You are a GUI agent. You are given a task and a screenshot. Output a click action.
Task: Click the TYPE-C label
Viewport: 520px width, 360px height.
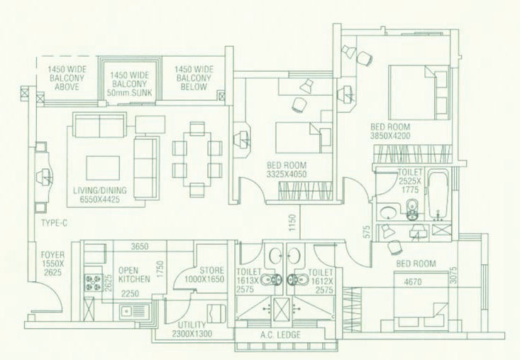(x=54, y=223)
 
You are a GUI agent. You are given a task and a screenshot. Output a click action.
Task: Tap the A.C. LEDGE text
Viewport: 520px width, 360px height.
(x=280, y=334)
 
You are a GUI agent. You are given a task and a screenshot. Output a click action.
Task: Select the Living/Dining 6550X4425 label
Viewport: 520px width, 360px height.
(x=99, y=195)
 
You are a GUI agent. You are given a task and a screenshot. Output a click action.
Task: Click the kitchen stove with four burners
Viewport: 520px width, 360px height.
(x=92, y=283)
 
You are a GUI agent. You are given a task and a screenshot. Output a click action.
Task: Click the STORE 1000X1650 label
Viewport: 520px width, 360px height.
(x=204, y=275)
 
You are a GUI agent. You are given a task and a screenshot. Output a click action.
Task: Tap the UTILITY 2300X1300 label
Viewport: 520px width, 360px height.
(x=192, y=329)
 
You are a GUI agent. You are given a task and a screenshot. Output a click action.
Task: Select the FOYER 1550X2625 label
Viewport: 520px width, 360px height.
(x=52, y=263)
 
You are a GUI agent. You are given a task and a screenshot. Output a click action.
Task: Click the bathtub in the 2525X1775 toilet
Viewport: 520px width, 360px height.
(x=438, y=195)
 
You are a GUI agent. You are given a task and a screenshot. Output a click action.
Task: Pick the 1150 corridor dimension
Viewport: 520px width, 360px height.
(x=292, y=223)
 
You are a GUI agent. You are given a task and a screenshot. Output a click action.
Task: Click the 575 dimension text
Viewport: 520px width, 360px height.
(x=366, y=232)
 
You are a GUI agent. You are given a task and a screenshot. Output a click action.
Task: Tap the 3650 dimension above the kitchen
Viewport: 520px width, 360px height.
(x=140, y=246)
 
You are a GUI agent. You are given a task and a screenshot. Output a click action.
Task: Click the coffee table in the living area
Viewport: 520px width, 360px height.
(x=103, y=168)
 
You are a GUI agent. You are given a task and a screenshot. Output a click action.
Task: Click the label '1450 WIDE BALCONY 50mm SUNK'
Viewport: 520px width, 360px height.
(x=129, y=84)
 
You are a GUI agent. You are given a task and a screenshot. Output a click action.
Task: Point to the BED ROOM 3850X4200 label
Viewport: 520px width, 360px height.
(x=390, y=131)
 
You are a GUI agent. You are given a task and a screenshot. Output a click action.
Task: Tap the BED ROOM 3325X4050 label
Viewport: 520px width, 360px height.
(x=287, y=170)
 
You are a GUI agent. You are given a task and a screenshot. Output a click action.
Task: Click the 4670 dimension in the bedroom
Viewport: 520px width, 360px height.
(x=413, y=282)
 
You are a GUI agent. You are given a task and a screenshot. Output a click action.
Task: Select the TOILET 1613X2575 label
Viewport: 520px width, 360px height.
(x=249, y=280)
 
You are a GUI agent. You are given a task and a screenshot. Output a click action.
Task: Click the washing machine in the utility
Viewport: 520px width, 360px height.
(x=216, y=313)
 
